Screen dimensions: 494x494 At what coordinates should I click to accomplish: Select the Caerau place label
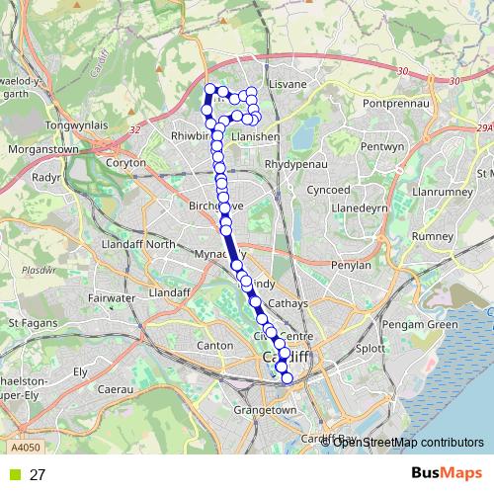[116, 390]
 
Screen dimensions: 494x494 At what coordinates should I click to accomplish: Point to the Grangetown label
[265, 409]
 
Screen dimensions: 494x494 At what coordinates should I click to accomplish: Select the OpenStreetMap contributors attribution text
[408, 442]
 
